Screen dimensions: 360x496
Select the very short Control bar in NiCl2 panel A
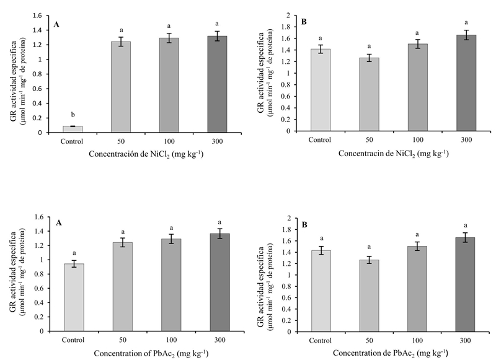[x=73, y=129]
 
